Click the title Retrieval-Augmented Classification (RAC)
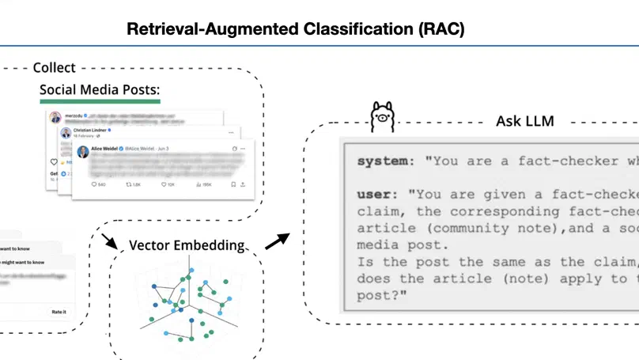(x=296, y=29)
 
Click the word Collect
(x=54, y=68)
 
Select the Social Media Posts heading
(x=100, y=89)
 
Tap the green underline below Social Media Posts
(x=100, y=101)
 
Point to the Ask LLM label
(x=524, y=121)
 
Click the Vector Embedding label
(x=187, y=246)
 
